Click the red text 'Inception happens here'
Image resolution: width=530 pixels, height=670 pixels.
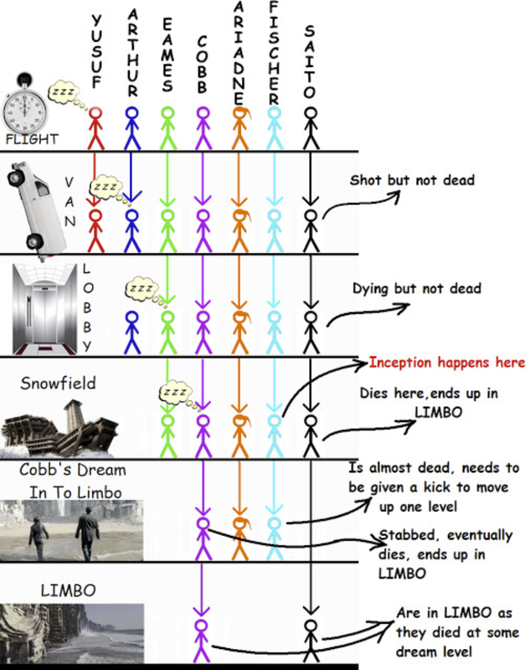tap(447, 363)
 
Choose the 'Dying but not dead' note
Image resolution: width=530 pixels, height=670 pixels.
tap(416, 289)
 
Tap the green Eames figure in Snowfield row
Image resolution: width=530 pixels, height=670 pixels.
tap(167, 434)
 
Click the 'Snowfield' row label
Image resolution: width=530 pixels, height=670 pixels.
tap(59, 383)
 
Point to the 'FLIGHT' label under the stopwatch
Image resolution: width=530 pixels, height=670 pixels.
tap(32, 139)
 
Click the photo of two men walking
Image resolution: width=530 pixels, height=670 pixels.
tap(72, 530)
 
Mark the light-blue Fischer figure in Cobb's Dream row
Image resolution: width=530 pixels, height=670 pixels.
tap(275, 536)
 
